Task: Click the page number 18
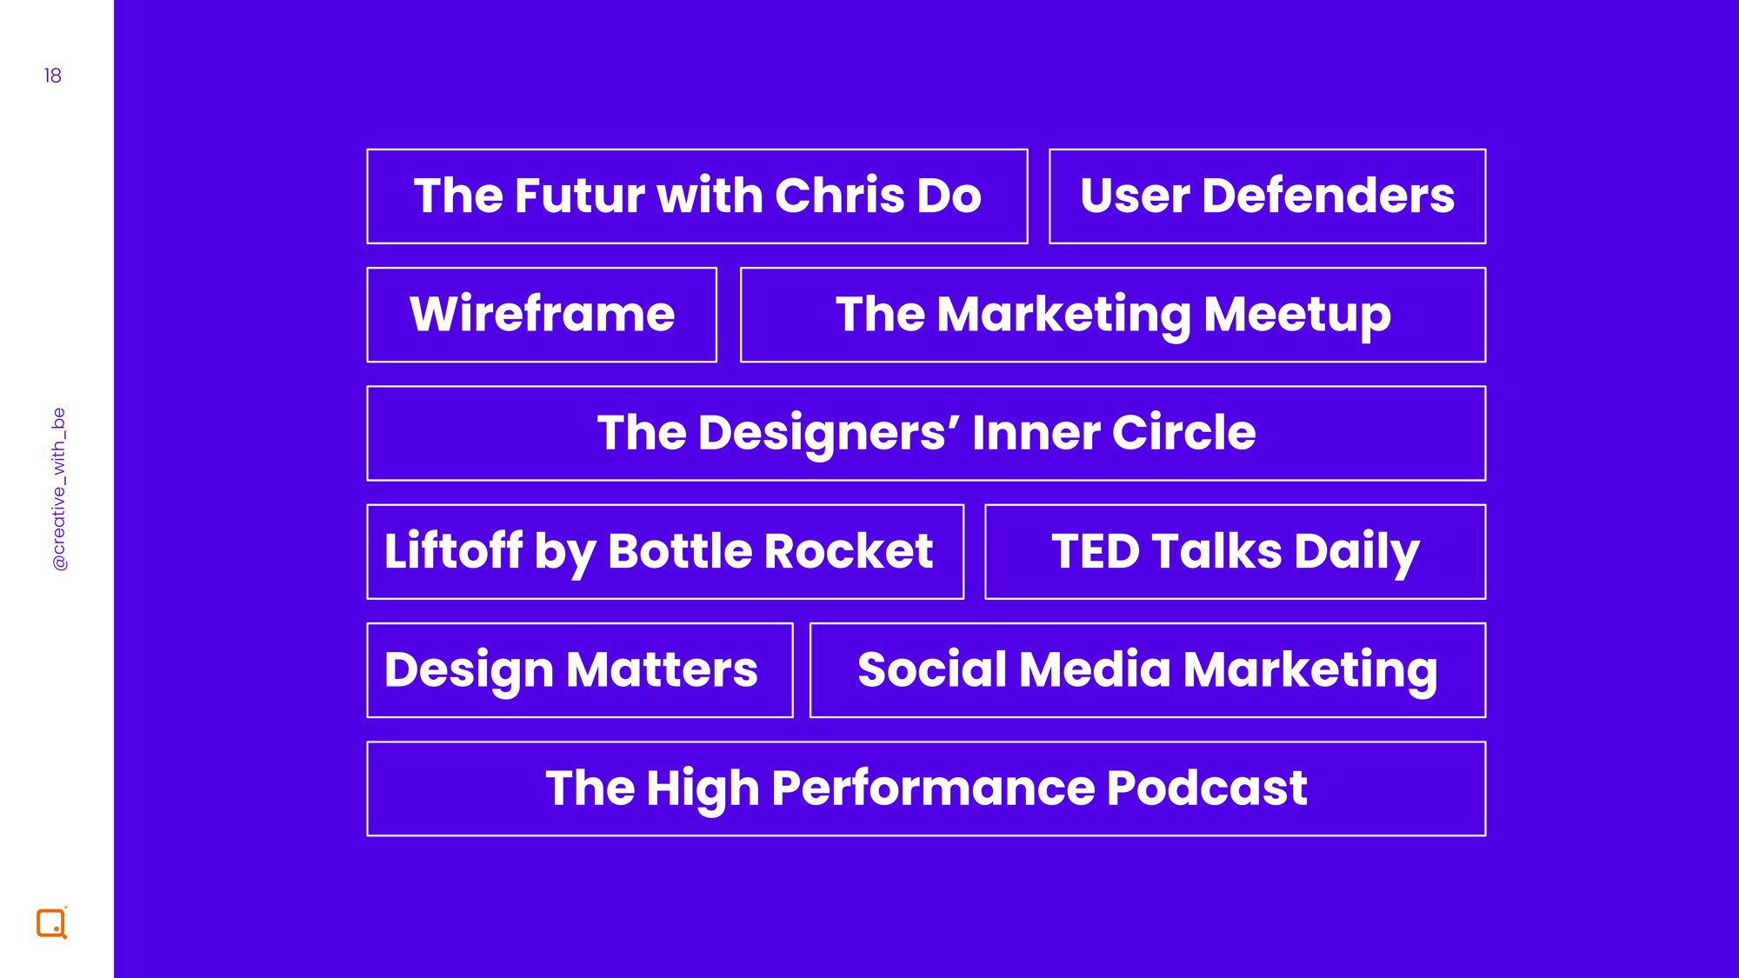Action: [52, 76]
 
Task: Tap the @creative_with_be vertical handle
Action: [59, 489]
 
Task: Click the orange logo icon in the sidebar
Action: [51, 923]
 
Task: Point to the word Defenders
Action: [1328, 195]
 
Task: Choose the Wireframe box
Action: [542, 315]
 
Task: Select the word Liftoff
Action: [454, 550]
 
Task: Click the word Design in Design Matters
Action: [470, 670]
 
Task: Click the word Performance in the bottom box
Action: [933, 788]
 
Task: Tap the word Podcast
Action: [1207, 788]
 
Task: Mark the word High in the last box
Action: [703, 789]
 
